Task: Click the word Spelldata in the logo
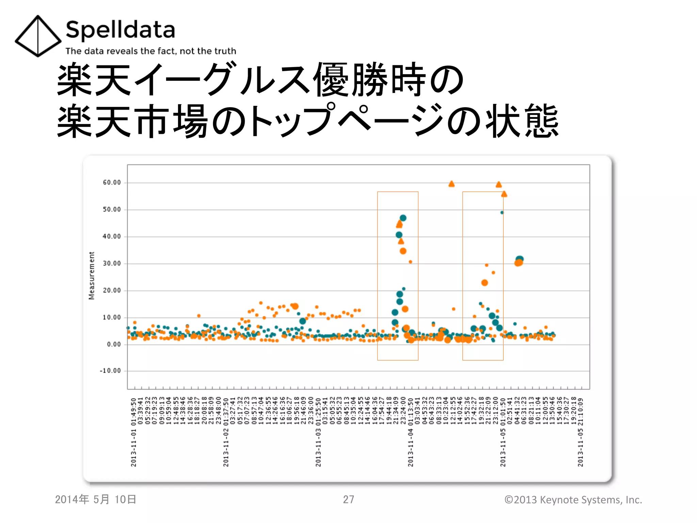(x=120, y=30)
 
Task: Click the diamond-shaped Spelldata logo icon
(x=38, y=36)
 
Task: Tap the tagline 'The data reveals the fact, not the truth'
(x=151, y=51)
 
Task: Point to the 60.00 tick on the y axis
(x=112, y=183)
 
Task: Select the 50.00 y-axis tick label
(x=112, y=209)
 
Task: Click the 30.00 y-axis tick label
(x=112, y=264)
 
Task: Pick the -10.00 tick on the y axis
(x=111, y=371)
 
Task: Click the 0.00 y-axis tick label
(x=114, y=345)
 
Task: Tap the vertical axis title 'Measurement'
(x=92, y=276)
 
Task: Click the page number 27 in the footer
(x=348, y=500)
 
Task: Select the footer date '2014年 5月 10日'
(x=96, y=500)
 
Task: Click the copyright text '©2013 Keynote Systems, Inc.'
(x=573, y=500)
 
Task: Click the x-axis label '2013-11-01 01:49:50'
(x=134, y=432)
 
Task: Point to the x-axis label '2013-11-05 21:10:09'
(x=581, y=432)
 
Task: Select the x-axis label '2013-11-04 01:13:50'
(x=411, y=432)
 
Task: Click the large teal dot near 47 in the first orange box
(x=403, y=218)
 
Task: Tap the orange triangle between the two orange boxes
(x=452, y=184)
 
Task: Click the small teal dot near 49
(x=502, y=212)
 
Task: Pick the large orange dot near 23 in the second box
(x=485, y=283)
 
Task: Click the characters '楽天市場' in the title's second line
(x=133, y=121)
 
